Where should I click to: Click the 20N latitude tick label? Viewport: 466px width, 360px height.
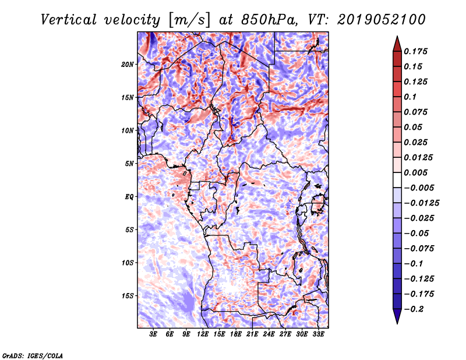pos(128,65)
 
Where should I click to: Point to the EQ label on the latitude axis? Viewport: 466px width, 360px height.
pos(129,197)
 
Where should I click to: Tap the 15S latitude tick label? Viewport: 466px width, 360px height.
pos(128,296)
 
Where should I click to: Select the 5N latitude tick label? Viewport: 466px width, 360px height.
pos(129,164)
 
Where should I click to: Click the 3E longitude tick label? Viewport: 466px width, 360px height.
pos(153,334)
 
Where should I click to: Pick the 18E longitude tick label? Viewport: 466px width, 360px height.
pos(236,334)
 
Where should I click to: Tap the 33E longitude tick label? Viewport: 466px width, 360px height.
pos(318,334)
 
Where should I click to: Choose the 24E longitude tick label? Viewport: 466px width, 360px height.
pos(269,334)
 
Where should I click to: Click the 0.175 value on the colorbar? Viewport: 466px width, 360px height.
pos(415,51)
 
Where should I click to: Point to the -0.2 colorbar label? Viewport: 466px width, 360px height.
pos(414,309)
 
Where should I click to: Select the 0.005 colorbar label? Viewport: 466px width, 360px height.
pos(415,172)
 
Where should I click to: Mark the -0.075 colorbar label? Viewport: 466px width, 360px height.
pos(419,249)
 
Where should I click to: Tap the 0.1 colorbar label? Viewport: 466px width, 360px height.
pos(410,97)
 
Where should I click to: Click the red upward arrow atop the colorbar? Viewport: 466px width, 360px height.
pos(397,44)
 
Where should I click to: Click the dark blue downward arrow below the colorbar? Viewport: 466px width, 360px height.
pos(397,316)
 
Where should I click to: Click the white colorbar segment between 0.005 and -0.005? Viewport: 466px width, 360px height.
pos(397,180)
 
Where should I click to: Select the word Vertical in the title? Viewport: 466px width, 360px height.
pos(69,20)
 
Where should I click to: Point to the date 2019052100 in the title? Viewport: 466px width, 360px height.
pos(382,20)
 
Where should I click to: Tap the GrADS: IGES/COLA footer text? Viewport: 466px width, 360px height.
pos(33,355)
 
